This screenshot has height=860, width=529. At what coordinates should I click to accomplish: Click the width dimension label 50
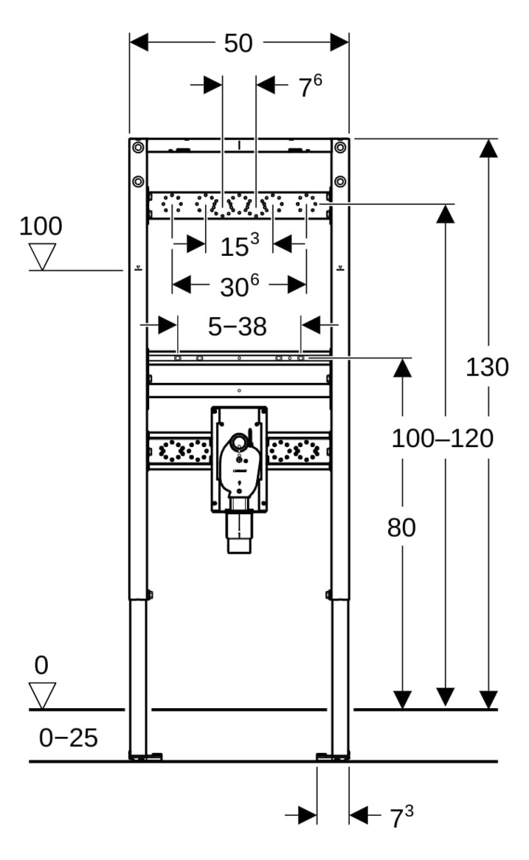(238, 44)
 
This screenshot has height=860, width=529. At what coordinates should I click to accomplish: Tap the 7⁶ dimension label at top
(310, 86)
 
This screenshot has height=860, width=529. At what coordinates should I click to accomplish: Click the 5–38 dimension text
(237, 325)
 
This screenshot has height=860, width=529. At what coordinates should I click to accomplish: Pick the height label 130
(486, 367)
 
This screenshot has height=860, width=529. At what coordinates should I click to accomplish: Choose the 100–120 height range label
(442, 439)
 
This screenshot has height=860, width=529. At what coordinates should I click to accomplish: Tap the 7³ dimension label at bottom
(401, 816)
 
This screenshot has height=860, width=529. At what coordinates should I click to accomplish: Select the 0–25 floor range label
(68, 737)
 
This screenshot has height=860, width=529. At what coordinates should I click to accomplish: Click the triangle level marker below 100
(42, 257)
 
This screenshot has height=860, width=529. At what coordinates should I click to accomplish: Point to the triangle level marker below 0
(42, 696)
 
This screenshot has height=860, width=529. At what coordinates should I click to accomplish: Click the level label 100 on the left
(41, 226)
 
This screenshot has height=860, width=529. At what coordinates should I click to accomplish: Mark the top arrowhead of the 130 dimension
(487, 148)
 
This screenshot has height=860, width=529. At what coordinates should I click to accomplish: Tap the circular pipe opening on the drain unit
(239, 443)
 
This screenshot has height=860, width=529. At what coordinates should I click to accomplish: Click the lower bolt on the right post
(339, 181)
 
